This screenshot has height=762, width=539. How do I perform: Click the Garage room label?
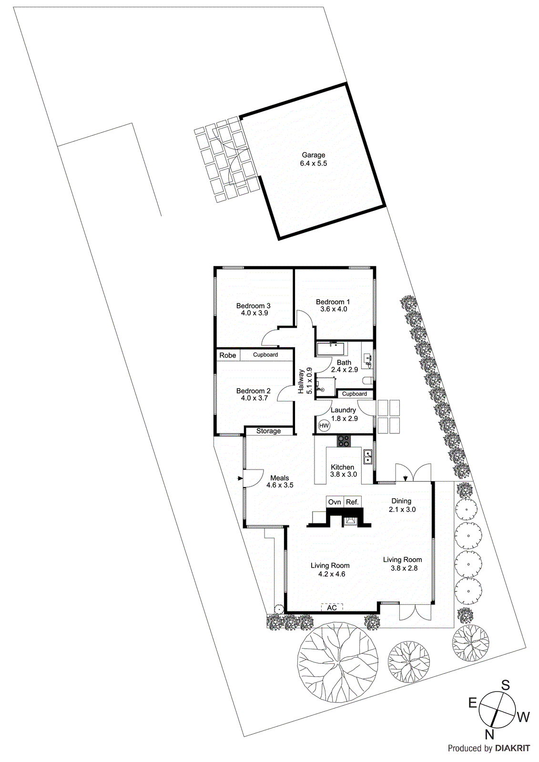click(313, 155)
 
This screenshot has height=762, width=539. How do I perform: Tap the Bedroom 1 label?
click(333, 302)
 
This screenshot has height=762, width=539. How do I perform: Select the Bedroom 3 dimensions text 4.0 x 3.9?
click(254, 313)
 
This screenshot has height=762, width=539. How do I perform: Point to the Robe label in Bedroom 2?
click(228, 355)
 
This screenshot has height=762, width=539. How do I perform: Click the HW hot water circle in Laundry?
click(324, 425)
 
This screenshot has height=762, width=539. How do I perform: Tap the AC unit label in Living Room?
click(332, 608)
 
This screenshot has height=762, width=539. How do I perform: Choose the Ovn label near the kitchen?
click(335, 502)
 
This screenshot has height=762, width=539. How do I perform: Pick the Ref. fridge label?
click(352, 502)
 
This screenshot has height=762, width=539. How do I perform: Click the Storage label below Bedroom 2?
click(268, 431)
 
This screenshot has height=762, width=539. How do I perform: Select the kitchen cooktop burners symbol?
click(344, 441)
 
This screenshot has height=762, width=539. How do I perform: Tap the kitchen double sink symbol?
click(367, 457)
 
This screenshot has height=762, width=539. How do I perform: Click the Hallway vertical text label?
click(301, 381)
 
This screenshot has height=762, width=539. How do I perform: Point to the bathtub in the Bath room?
click(332, 349)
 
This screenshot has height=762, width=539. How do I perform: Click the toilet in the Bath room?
click(367, 381)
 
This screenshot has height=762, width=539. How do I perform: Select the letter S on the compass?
click(506, 685)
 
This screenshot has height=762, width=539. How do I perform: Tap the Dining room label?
click(401, 501)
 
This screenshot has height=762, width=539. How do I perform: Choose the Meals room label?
click(280, 478)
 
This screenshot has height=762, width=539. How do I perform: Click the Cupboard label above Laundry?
click(355, 394)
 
